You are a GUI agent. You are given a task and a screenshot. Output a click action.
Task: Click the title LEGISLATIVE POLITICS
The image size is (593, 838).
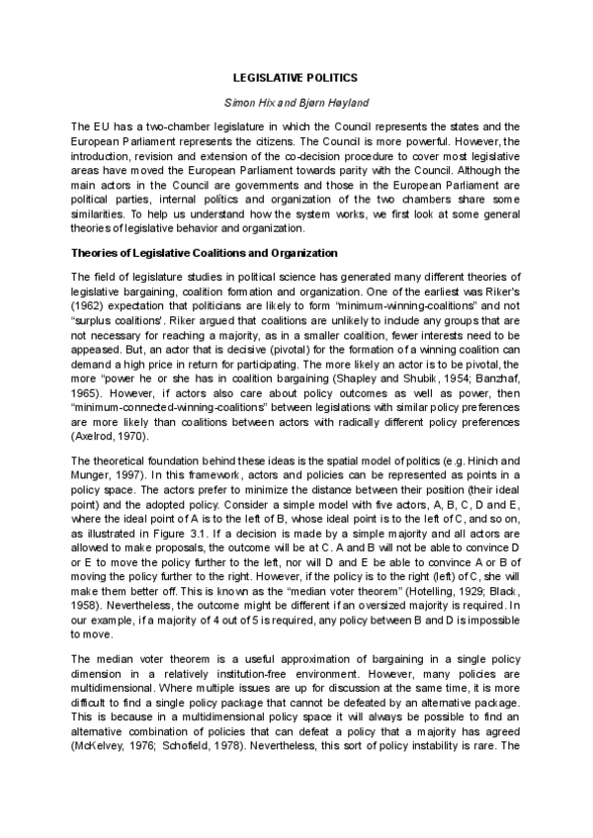pos(296,76)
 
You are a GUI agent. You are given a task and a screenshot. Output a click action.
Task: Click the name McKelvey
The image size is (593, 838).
pos(104,749)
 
